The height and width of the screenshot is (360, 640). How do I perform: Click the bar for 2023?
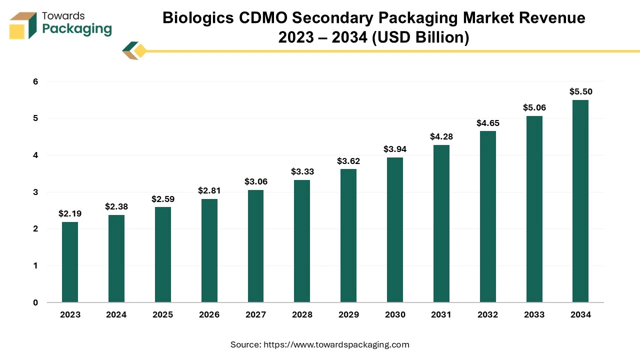[70, 262]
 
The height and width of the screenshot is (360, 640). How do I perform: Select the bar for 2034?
[580, 201]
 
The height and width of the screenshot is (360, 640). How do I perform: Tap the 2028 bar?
[302, 241]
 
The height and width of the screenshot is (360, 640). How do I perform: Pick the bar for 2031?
[441, 223]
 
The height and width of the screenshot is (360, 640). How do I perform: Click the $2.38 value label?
[116, 206]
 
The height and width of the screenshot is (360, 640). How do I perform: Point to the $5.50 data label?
[580, 91]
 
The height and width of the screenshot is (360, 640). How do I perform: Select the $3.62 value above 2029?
[348, 161]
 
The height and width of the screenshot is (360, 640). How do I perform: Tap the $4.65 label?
[487, 123]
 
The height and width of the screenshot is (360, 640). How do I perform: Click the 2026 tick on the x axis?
[209, 314]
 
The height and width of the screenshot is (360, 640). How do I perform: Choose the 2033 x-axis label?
[534, 314]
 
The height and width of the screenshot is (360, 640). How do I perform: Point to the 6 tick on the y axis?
[35, 81]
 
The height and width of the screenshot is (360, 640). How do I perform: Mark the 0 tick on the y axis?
[35, 302]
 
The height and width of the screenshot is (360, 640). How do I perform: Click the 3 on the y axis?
[35, 192]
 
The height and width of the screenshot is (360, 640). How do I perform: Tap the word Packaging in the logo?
[77, 29]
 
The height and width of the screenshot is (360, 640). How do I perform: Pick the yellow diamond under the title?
[140, 51]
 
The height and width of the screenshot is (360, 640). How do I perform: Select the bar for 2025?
[163, 254]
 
